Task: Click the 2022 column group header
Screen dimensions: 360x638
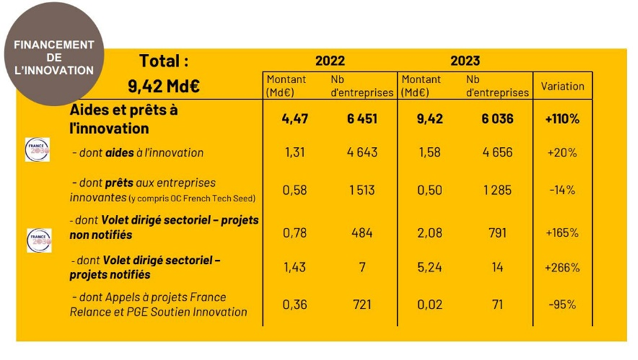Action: (330, 61)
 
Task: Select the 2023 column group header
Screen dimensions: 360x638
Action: (465, 61)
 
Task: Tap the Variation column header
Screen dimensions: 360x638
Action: (563, 86)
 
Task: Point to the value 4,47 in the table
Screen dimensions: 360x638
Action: (295, 119)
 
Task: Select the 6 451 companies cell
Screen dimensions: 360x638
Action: (361, 119)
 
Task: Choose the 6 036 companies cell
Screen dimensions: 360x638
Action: (495, 119)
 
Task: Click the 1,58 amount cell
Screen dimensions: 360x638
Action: (429, 153)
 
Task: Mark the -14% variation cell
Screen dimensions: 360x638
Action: (563, 190)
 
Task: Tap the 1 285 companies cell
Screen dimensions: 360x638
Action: (495, 190)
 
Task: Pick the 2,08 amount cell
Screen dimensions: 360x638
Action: (429, 233)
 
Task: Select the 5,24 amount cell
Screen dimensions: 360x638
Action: (429, 268)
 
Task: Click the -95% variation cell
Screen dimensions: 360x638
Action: (563, 305)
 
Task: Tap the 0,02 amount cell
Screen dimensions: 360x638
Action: (429, 305)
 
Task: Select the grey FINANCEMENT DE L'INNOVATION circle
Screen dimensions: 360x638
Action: (54, 57)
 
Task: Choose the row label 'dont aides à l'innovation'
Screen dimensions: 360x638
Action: (138, 153)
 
